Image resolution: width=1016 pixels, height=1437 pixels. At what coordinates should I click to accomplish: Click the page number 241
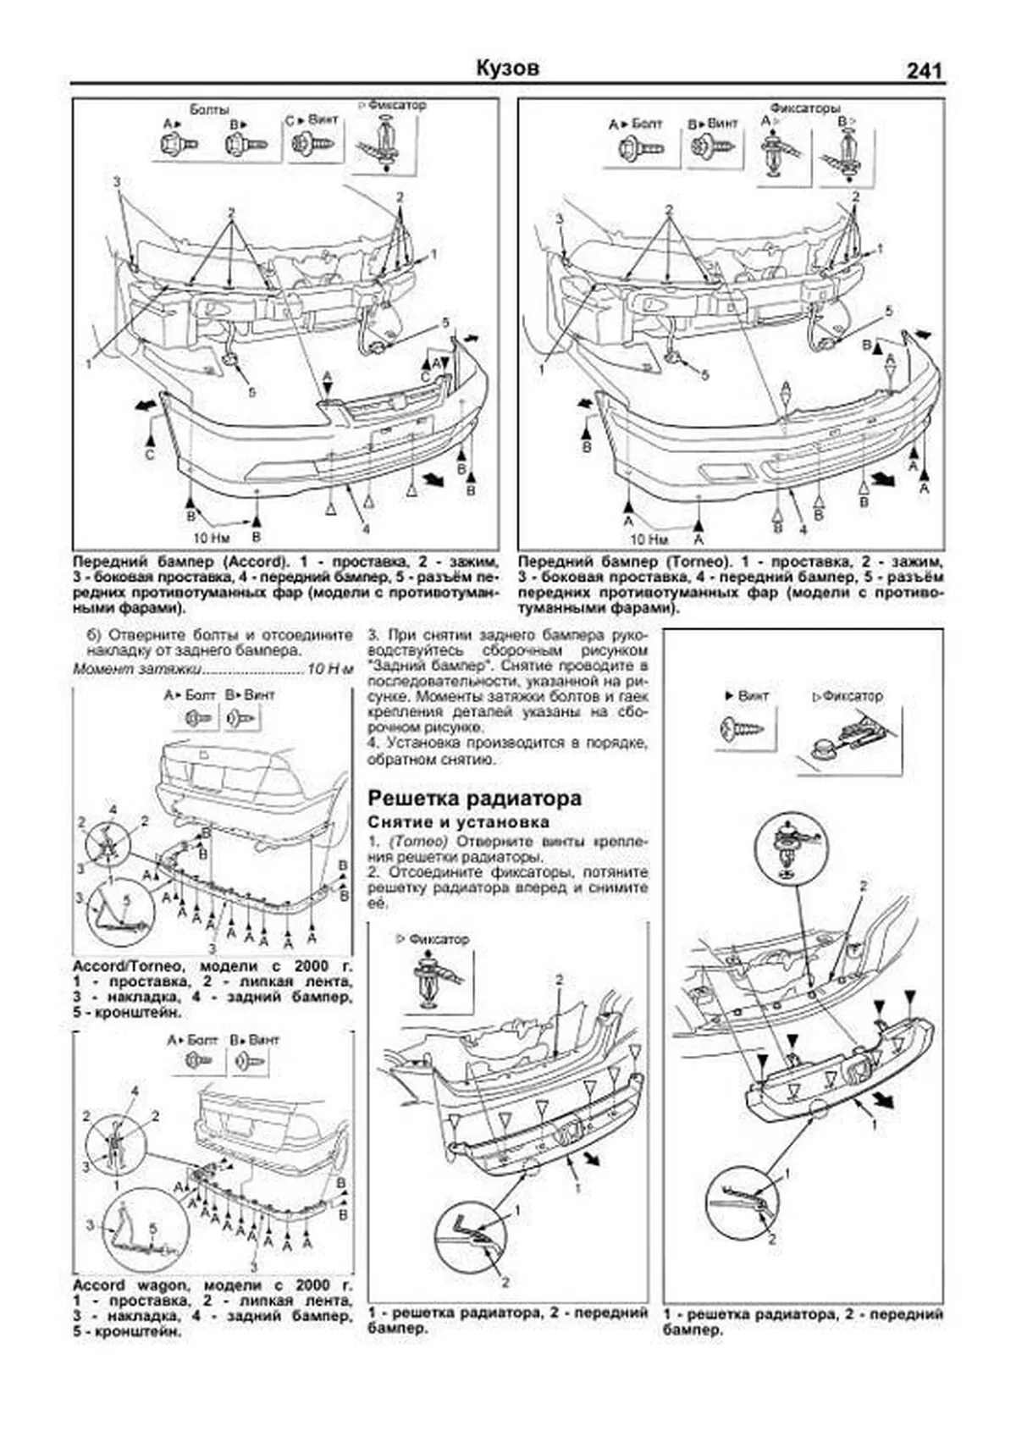924,71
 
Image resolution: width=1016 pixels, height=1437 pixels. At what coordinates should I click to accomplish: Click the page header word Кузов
507,68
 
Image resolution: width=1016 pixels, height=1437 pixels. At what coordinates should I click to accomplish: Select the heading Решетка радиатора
474,798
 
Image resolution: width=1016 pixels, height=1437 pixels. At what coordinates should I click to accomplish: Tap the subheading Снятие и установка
458,821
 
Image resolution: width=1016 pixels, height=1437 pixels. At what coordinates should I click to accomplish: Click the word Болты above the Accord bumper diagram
209,110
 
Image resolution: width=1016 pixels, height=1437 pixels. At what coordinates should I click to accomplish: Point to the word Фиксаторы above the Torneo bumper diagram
804,109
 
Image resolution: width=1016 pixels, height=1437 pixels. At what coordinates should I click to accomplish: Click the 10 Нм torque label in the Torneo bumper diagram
649,539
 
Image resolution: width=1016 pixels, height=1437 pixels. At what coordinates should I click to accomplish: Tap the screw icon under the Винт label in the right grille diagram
742,727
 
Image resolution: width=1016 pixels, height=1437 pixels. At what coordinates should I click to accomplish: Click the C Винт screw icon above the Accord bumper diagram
310,144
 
